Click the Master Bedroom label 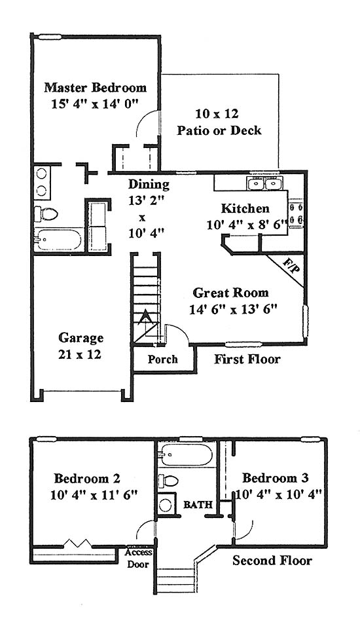(x=95, y=88)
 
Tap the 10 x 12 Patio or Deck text (x=219, y=122)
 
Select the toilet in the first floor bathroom (x=46, y=214)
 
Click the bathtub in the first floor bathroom (x=59, y=240)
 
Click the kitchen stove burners (x=296, y=213)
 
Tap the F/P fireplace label (x=291, y=267)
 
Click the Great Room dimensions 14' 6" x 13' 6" (x=233, y=310)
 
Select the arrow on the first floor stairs (x=146, y=318)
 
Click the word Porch (x=162, y=359)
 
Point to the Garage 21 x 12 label (x=81, y=346)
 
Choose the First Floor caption (x=247, y=359)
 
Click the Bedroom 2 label (x=87, y=478)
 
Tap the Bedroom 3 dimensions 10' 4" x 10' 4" (x=279, y=494)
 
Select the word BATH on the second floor (x=198, y=505)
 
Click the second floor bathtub (x=186, y=454)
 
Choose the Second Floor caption (x=272, y=561)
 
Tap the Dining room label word (x=149, y=185)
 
